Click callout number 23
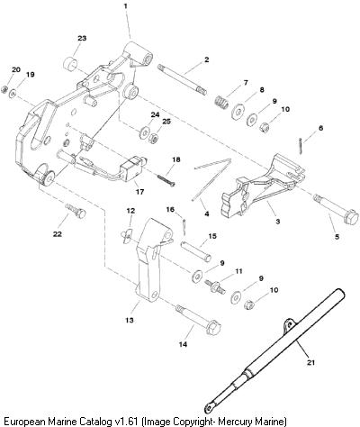pyautogui.click(x=82, y=38)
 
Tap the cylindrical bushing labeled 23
pyautogui.click(x=71, y=62)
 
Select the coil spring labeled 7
pyautogui.click(x=222, y=101)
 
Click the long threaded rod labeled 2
pyautogui.click(x=182, y=79)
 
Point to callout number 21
pyautogui.click(x=311, y=362)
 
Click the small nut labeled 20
pyautogui.click(x=4, y=89)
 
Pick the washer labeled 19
pyautogui.click(x=13, y=94)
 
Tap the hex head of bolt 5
pyautogui.click(x=351, y=216)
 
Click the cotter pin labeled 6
pyautogui.click(x=301, y=146)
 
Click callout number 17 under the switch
pyautogui.click(x=139, y=191)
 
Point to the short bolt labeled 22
pyautogui.click(x=76, y=210)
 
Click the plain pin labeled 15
pyautogui.click(x=195, y=250)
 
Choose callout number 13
pyautogui.click(x=130, y=321)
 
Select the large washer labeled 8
pyautogui.click(x=238, y=112)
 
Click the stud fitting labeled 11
pyautogui.click(x=215, y=286)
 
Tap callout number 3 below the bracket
pyautogui.click(x=278, y=222)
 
